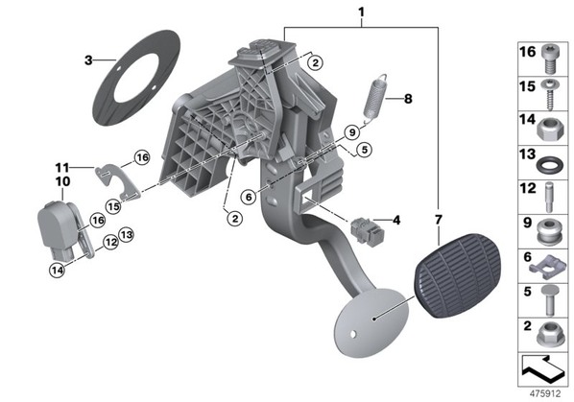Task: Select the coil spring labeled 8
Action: point(375,97)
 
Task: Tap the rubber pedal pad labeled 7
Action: point(458,275)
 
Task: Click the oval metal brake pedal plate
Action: point(371,322)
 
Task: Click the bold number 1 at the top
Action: point(361,12)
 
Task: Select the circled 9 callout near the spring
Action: point(352,132)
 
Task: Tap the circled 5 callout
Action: point(364,150)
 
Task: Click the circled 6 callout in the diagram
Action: point(249,198)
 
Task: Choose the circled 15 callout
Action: point(113,206)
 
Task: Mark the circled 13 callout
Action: point(127,234)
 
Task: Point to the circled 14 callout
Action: point(57,271)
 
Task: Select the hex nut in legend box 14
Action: point(550,129)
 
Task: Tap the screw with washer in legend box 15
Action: point(549,93)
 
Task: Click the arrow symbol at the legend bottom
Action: point(543,367)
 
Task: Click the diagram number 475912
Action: point(545,393)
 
